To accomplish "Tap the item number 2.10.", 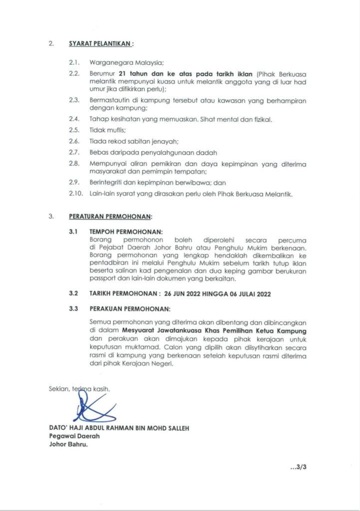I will click(x=75, y=194).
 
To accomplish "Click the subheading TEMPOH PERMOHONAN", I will click(x=126, y=232).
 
